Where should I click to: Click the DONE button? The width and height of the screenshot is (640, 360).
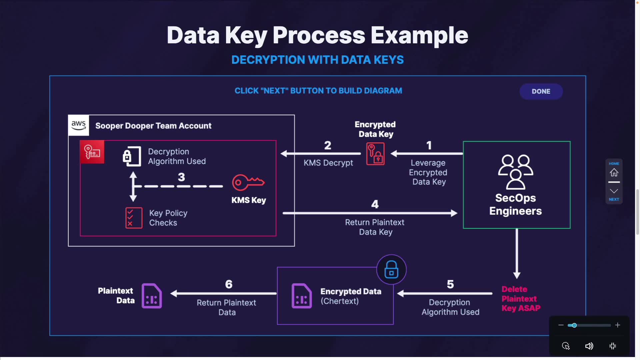tap(541, 91)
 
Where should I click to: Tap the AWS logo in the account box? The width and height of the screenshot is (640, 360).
tap(79, 125)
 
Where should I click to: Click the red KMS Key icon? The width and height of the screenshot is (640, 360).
tap(248, 182)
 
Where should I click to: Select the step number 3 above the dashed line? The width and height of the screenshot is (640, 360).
tap(181, 177)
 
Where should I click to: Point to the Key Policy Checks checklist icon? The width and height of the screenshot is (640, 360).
tap(134, 218)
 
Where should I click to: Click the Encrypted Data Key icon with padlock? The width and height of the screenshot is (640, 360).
tap(375, 154)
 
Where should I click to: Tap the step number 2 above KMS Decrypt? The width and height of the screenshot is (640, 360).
tap(328, 145)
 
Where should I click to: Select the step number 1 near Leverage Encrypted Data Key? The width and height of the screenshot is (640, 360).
tap(429, 145)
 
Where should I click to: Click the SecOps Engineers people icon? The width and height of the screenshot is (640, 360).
tap(515, 172)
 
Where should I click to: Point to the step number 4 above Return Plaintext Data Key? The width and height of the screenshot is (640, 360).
tap(375, 204)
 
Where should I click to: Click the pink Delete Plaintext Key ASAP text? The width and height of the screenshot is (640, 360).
tap(521, 299)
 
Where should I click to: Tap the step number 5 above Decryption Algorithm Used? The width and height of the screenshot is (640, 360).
tap(450, 284)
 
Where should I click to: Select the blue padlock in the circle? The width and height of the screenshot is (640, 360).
tap(391, 269)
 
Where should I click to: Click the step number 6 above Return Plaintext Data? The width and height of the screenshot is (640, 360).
tap(229, 284)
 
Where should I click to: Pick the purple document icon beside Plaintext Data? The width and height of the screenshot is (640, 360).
tap(152, 296)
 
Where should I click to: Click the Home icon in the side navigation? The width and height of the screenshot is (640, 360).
tap(614, 172)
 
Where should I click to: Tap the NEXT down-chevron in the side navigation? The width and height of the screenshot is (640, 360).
tap(614, 191)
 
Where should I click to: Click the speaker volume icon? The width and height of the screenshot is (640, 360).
tap(589, 346)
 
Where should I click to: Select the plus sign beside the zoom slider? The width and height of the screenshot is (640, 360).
tap(618, 325)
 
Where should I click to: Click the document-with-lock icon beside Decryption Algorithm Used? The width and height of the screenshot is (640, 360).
tap(132, 156)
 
